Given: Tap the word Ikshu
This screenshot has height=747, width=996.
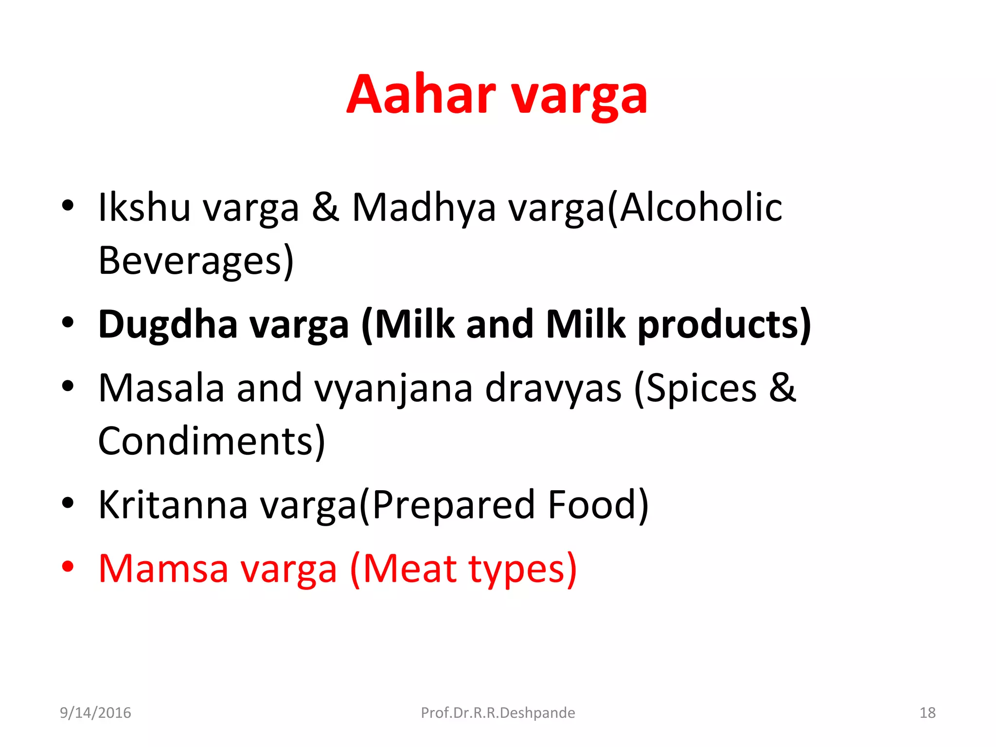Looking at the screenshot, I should [144, 207].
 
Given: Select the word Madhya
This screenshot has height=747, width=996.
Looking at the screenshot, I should [423, 208].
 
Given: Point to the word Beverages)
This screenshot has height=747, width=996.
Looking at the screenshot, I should [196, 261].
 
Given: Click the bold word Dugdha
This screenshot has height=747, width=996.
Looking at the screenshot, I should [168, 325].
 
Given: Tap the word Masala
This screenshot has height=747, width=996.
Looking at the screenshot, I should [161, 388].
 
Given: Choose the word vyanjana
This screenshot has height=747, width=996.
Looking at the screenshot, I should [393, 389].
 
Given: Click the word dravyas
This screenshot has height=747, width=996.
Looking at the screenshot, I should [553, 388].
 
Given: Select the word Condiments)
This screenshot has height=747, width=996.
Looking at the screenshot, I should [211, 441].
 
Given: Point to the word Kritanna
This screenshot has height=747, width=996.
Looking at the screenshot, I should [173, 505].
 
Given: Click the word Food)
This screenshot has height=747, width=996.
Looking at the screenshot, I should [598, 505].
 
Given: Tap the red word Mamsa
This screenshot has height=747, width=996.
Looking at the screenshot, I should [163, 569].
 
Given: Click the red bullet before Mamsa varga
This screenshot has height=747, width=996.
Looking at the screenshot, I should [68, 567].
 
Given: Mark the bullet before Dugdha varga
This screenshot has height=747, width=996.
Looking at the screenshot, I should [68, 322].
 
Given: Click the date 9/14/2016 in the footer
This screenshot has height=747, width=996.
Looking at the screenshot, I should [95, 712].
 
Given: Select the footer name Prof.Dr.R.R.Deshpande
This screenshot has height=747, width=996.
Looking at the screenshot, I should [498, 712].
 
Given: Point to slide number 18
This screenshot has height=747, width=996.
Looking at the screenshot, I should [927, 712].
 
